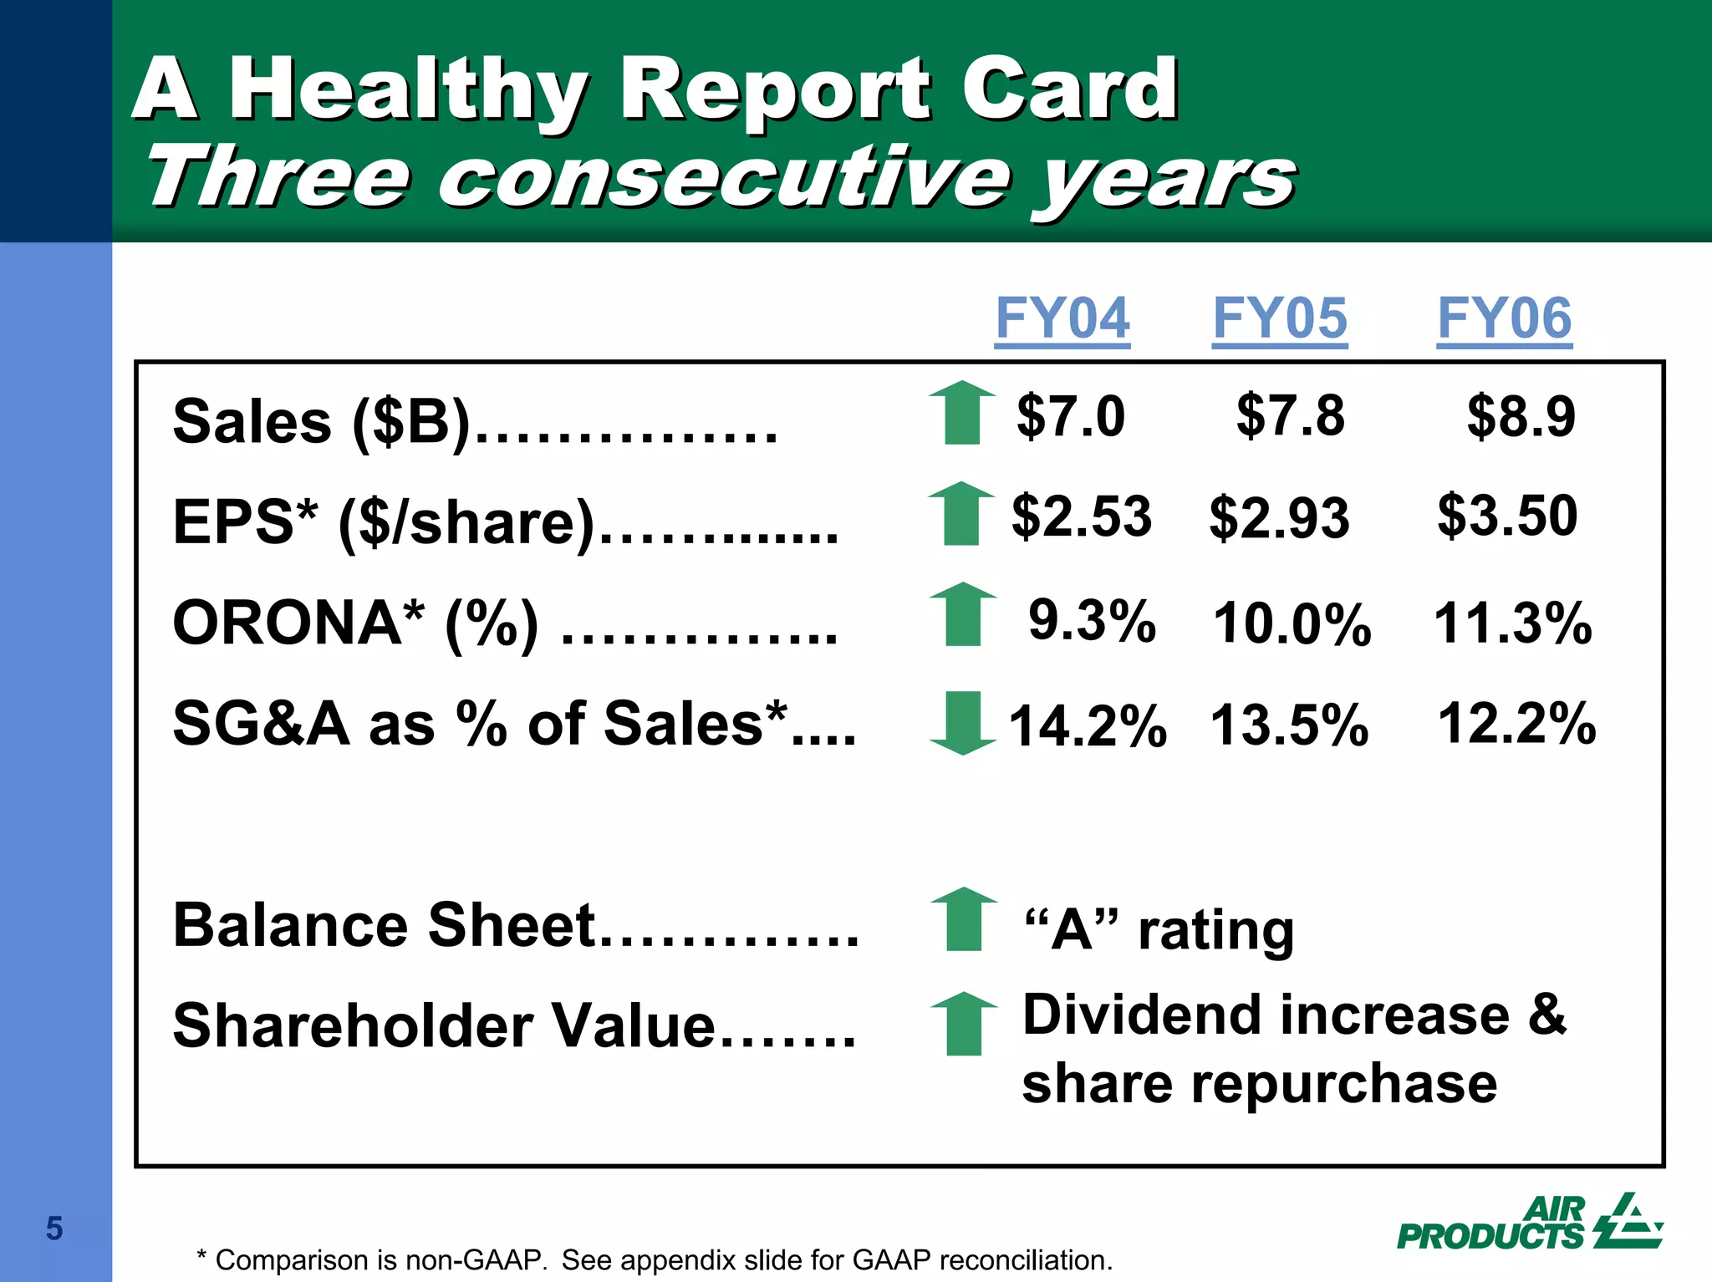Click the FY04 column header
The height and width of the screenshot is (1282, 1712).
tap(1062, 318)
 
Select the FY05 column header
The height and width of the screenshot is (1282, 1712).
tap(1280, 318)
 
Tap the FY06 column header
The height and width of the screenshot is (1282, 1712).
tap(1504, 318)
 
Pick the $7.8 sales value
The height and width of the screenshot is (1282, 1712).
tap(1290, 415)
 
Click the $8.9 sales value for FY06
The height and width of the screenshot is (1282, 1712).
tap(1521, 415)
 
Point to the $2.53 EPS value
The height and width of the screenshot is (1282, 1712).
tap(1081, 516)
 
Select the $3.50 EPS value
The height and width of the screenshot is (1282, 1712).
tap(1507, 516)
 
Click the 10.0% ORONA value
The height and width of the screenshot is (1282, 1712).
tap(1292, 623)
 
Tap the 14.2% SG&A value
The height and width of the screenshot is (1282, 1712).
tap(1087, 725)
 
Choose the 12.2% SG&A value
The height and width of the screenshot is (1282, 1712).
tap(1516, 723)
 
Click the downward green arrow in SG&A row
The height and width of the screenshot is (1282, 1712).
tap(963, 723)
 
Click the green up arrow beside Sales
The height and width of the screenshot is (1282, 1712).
tap(962, 412)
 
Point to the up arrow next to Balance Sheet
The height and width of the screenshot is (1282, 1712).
tap(964, 918)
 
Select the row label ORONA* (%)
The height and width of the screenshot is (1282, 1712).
tap(355, 623)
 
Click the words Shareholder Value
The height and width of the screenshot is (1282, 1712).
tap(444, 1025)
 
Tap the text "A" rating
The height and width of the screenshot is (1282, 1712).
tap(1159, 929)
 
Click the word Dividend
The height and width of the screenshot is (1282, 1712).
tap(1142, 1015)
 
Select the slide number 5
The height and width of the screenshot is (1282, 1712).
tap(54, 1229)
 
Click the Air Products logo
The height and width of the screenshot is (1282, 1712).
tap(1529, 1223)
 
